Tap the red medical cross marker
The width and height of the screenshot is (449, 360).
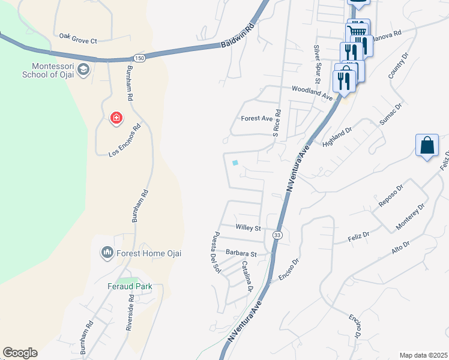pyautogui.click(x=116, y=118)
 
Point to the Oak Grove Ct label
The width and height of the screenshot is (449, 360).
pyautogui.click(x=77, y=36)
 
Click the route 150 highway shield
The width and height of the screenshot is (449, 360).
pyautogui.click(x=139, y=58)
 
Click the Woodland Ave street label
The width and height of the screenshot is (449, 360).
pyautogui.click(x=312, y=94)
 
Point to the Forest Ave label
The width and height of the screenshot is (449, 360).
pyautogui.click(x=256, y=119)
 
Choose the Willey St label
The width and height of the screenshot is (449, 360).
pyautogui.click(x=248, y=228)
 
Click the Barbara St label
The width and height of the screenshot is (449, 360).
pyautogui.click(x=241, y=254)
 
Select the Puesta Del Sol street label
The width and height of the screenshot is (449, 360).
pyautogui.click(x=214, y=252)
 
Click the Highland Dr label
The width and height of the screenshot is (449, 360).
pyautogui.click(x=337, y=137)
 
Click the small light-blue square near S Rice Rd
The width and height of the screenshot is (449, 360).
pyautogui.click(x=235, y=163)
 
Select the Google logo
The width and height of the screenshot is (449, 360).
pyautogui.click(x=20, y=353)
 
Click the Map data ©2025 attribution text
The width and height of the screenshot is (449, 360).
pyautogui.click(x=423, y=355)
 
